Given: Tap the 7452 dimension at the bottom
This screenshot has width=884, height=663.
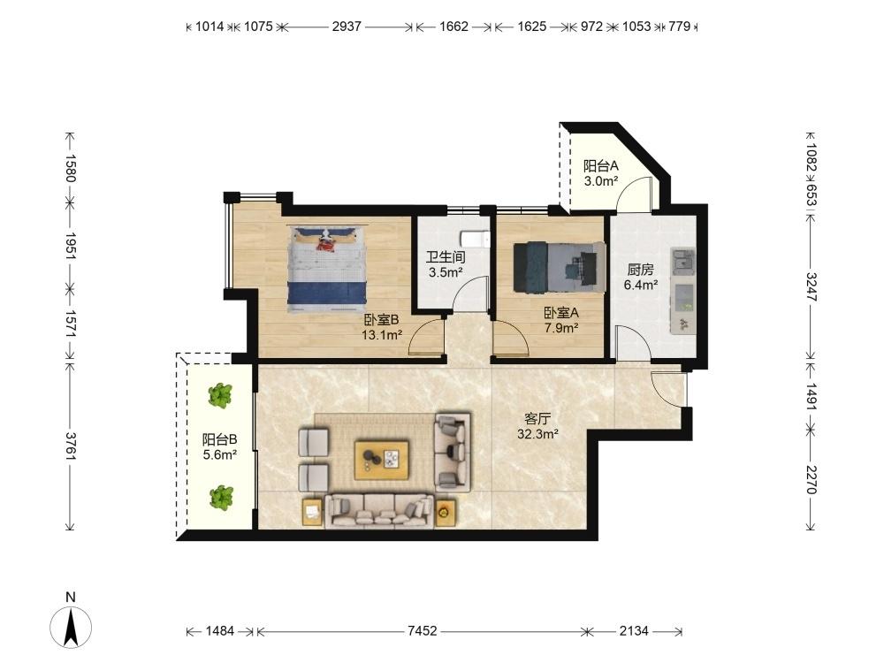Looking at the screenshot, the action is coord(423,631).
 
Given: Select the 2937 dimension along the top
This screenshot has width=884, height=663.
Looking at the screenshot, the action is coord(347,27).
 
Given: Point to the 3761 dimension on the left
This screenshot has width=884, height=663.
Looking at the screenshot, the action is coord(70,446).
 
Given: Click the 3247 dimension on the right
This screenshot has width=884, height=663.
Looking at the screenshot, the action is coord(811,287).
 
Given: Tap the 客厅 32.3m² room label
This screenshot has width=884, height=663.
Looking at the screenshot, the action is coord(537,426).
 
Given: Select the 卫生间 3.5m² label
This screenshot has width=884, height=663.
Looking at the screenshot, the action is coord(446,265).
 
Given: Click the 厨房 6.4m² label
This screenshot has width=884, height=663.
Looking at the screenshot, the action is coord(640,278).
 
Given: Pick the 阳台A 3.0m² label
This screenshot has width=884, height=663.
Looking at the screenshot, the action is coord(601,173).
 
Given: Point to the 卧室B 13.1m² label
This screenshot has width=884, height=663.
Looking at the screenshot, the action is coord(382,328).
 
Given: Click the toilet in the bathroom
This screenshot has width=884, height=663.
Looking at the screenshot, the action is coord(475,239).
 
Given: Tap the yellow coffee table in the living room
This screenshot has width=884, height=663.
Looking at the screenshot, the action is coord(382,460).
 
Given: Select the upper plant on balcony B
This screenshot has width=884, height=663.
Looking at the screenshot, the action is coord(220,395).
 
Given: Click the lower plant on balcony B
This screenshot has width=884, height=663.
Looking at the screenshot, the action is coord(221,499).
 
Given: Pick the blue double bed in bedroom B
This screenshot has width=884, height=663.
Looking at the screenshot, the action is coord(326,269).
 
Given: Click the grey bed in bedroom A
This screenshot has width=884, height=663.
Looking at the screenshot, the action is coord(560,268).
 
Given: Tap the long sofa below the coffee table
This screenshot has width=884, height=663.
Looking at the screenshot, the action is coord(379,511).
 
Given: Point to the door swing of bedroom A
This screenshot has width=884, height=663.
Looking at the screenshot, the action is coord(511,339).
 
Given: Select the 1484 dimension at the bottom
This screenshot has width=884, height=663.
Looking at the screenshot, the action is coord(220,631).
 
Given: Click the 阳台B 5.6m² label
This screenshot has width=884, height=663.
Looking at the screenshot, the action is coord(220,446).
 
